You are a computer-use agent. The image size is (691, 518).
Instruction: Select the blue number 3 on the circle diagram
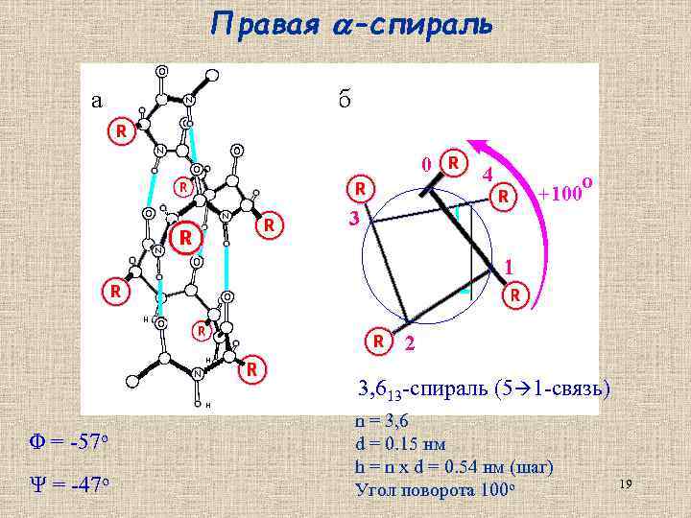[x=353, y=218]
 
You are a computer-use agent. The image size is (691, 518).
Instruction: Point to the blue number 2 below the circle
[x=410, y=342]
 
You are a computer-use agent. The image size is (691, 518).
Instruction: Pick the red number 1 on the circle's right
[x=510, y=266]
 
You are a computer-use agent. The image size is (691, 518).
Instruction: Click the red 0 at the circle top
[x=426, y=164]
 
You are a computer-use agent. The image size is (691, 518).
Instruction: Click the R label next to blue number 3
[x=360, y=187]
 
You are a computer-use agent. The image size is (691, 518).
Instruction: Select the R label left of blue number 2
[x=380, y=340]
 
